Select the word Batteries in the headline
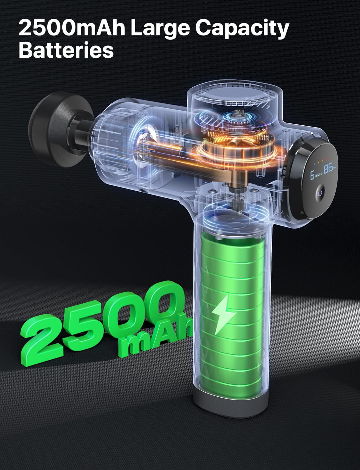tap(66, 50)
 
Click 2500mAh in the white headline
tap(72, 27)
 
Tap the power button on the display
tap(321, 192)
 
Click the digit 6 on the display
tap(312, 175)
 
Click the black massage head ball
tap(58, 129)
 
